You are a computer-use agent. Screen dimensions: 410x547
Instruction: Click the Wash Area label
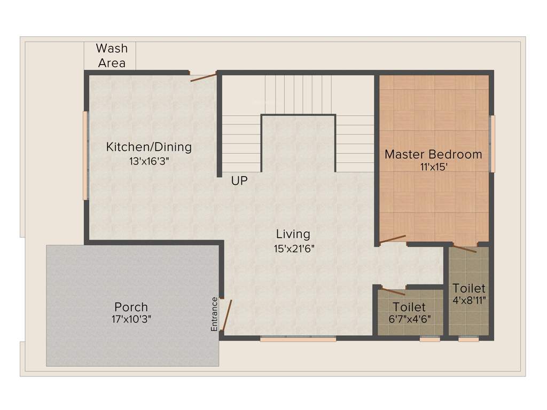click(x=112, y=56)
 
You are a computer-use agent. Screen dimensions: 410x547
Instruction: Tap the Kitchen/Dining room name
click(x=149, y=147)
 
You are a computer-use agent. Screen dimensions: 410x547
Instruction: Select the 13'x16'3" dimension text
click(x=152, y=160)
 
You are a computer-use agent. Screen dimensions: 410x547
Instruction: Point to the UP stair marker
click(x=239, y=182)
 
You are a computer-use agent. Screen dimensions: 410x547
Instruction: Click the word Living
click(x=293, y=234)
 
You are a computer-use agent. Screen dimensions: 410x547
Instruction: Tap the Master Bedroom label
click(x=433, y=154)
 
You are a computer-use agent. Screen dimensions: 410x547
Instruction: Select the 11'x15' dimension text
click(x=434, y=167)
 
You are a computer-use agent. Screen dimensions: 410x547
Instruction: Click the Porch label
click(x=131, y=307)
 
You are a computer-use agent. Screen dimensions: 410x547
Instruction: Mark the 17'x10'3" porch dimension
click(x=132, y=320)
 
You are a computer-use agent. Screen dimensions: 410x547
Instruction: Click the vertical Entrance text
click(x=214, y=314)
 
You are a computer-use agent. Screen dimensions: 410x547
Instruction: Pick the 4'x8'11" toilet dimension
click(x=468, y=300)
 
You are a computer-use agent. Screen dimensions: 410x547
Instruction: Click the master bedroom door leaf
click(x=393, y=239)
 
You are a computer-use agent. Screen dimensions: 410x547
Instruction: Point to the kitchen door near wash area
click(x=204, y=77)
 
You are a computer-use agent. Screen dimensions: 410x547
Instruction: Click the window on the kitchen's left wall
click(x=85, y=155)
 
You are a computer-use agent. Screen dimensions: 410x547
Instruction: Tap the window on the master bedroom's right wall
click(x=493, y=144)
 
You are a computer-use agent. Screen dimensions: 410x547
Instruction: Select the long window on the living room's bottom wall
click(x=298, y=338)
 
